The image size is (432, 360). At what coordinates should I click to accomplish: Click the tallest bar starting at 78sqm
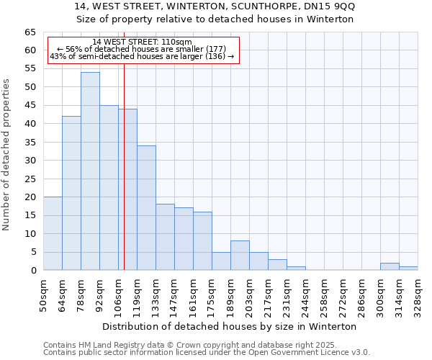[90, 171]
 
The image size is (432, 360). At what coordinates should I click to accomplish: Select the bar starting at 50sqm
[53, 233]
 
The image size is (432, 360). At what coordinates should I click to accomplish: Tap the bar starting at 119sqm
[146, 208]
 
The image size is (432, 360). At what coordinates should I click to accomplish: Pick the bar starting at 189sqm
[240, 256]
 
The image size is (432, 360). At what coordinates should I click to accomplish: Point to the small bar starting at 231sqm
[296, 268]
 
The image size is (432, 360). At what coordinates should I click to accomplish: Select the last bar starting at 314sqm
[408, 268]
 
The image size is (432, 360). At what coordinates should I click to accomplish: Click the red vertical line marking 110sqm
[124, 180]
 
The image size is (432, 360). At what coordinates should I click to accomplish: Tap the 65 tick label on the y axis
[30, 32]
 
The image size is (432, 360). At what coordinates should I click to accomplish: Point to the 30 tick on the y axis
[30, 161]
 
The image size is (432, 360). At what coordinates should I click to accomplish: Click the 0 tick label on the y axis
[33, 271]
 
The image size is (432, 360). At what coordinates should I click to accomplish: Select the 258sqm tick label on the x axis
[324, 294]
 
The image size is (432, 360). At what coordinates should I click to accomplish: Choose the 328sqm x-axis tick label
[418, 294]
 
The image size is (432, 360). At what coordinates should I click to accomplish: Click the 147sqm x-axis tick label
[174, 294]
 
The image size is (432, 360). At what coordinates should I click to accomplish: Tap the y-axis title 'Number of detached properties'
[7, 155]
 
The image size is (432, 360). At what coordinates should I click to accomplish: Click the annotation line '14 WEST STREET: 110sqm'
[143, 42]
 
